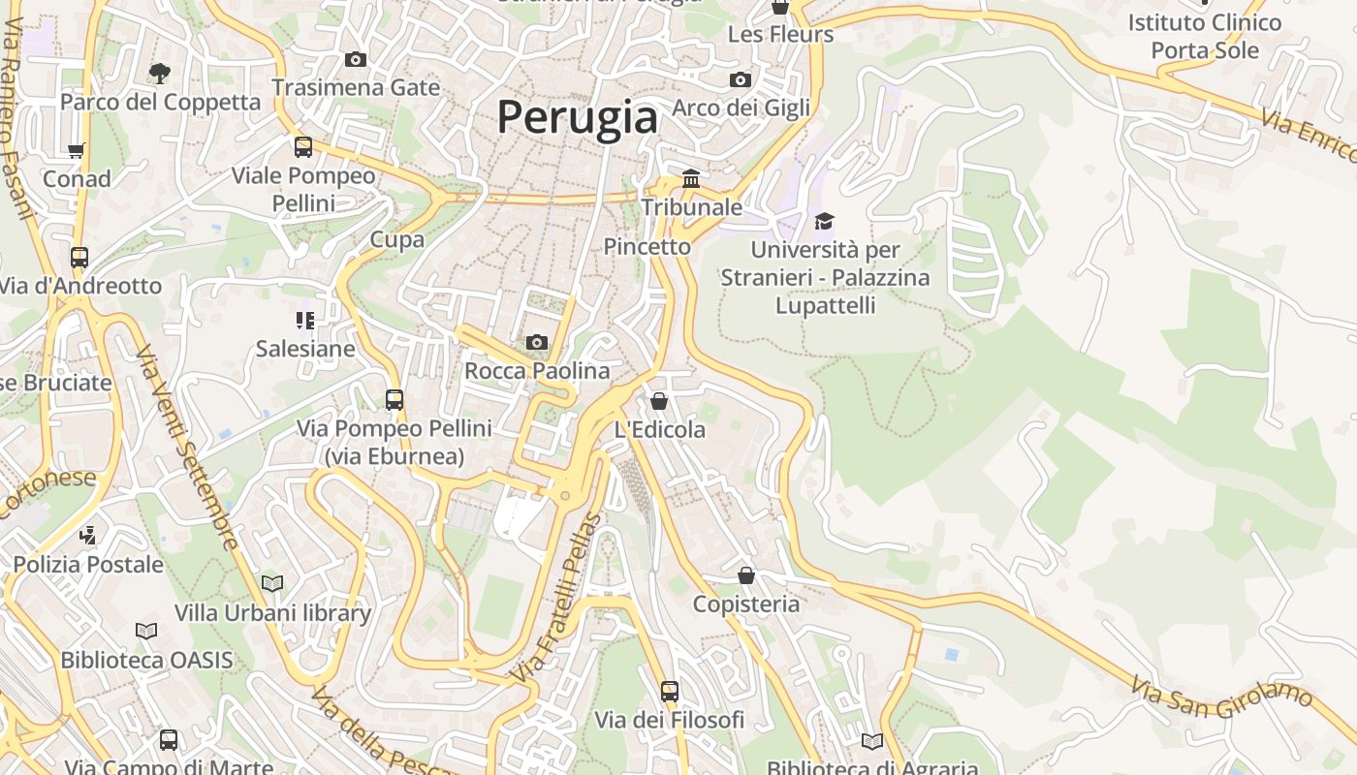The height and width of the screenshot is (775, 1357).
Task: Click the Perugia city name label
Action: coord(578,117)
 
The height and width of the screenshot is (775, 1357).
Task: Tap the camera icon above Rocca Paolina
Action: coord(536,342)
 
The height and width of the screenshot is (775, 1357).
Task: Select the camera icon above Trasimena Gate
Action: coord(356,59)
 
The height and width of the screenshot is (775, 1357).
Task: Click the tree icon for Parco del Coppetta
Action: coord(160,73)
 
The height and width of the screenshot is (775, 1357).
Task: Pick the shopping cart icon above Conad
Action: coord(77,150)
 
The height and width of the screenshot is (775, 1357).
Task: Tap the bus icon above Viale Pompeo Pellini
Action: coord(303,147)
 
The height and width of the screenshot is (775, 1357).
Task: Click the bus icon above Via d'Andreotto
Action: coord(79,258)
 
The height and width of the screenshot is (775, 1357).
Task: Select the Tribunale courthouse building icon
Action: coord(691,178)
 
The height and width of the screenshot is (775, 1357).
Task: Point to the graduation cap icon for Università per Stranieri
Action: coord(824,222)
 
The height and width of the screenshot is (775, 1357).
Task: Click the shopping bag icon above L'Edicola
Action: coord(659,400)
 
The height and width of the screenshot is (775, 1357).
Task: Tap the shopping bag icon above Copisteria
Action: coord(746,575)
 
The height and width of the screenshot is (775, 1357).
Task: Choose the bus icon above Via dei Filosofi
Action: coord(670,691)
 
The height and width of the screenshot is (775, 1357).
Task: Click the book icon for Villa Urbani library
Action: coord(272,583)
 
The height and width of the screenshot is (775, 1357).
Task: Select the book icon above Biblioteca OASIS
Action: coord(146,631)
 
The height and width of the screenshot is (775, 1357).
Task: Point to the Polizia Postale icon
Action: coord(88,534)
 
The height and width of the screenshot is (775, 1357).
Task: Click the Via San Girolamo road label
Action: coord(1221,695)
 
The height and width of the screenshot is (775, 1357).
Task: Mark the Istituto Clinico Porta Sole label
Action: coord(1204,36)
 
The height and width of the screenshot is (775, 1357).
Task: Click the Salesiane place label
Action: coord(305,349)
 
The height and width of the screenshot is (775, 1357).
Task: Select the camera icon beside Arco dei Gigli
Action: coord(741,79)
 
